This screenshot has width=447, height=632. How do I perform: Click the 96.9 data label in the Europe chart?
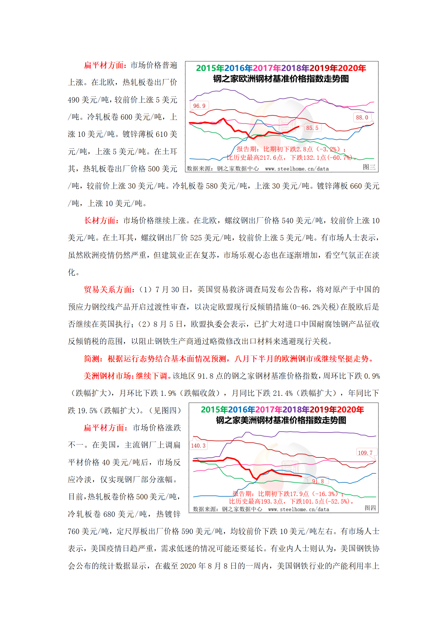199,106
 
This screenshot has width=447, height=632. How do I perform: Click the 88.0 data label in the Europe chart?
362,117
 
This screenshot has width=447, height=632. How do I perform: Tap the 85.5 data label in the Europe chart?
312,128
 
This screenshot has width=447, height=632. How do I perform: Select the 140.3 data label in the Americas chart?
198,446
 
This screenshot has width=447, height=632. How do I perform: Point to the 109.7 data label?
365,453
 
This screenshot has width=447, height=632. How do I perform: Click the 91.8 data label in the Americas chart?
318,481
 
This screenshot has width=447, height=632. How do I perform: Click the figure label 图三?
369,167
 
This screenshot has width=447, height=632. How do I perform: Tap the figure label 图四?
370,508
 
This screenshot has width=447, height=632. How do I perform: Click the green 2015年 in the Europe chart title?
210,68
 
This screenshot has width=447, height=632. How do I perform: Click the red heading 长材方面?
100,221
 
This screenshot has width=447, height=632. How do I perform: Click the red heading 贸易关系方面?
108,290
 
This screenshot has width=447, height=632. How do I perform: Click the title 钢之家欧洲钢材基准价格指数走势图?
281,79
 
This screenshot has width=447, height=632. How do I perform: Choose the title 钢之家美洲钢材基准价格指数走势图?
281,420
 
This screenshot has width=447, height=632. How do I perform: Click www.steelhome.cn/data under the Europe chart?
297,169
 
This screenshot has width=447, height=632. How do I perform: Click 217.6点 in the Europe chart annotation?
270,158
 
